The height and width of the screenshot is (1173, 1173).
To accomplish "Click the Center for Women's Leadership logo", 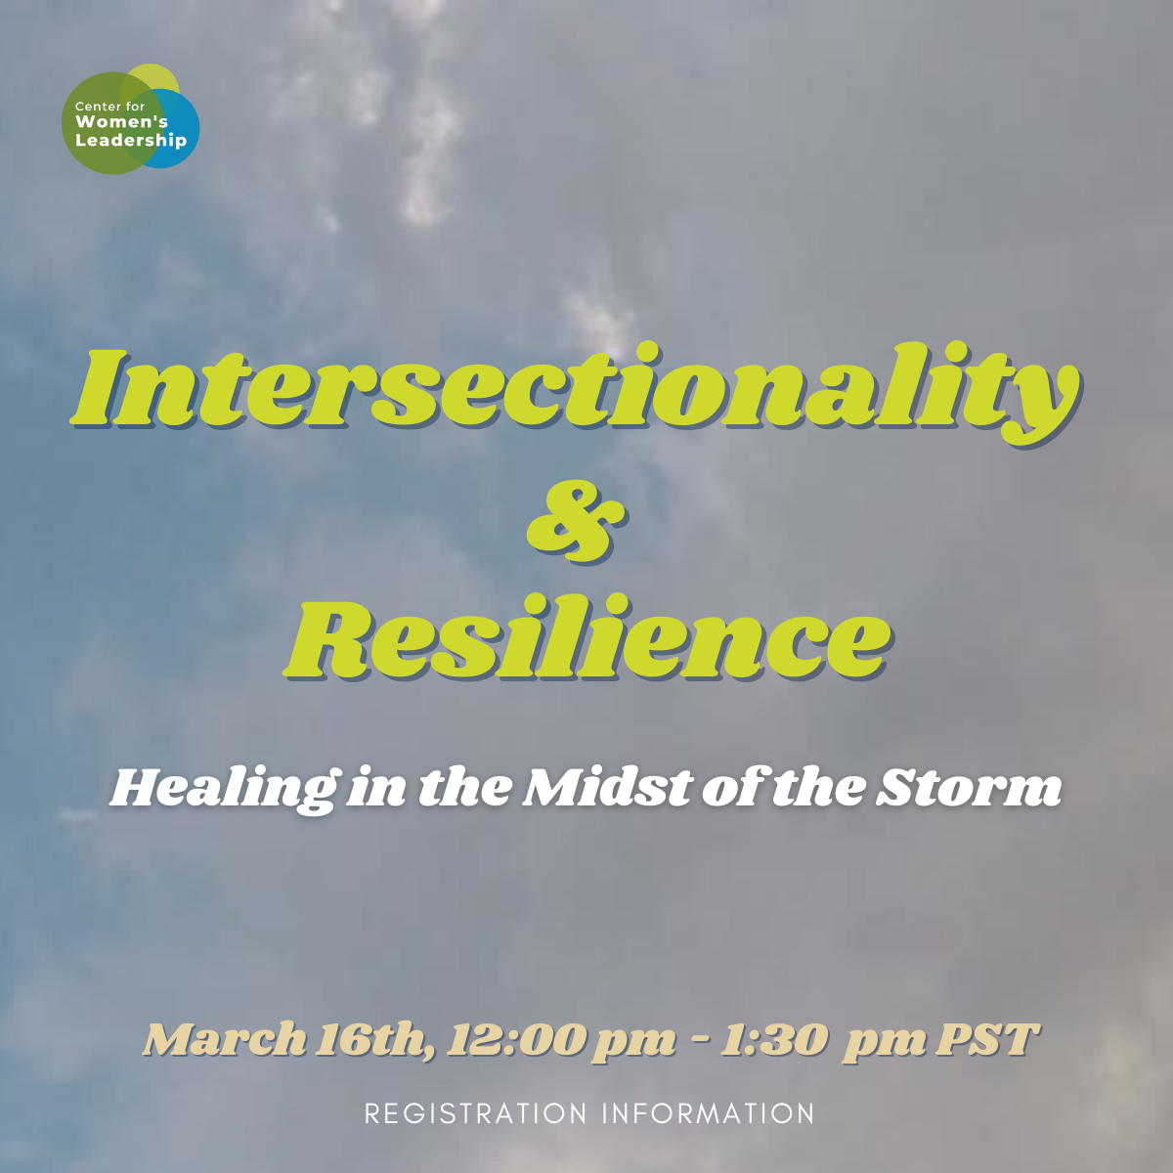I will pyautogui.click(x=130, y=119).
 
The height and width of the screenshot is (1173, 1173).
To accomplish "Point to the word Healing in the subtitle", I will pyautogui.click(x=224, y=788).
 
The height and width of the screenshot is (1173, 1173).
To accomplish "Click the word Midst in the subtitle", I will pyautogui.click(x=607, y=788).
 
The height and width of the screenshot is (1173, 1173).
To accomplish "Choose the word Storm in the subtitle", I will pyautogui.click(x=968, y=788).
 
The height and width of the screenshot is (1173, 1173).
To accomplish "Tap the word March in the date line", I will pyautogui.click(x=225, y=1039).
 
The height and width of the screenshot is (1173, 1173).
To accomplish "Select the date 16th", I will pyautogui.click(x=374, y=1039).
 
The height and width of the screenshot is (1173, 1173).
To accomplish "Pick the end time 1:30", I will pyautogui.click(x=773, y=1039).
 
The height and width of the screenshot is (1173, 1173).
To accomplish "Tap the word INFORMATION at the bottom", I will pyautogui.click(x=708, y=1113).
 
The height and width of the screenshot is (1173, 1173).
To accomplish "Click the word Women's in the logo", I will pyautogui.click(x=121, y=122).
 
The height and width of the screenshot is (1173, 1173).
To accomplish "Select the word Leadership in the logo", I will pyautogui.click(x=130, y=140).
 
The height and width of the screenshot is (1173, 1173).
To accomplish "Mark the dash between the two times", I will pyautogui.click(x=700, y=1038).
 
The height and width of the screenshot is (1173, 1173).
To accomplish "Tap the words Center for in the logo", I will pyautogui.click(x=109, y=106).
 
